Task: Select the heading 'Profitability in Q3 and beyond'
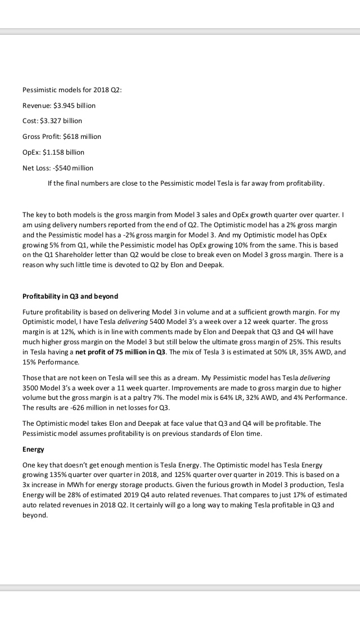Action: pos(70,296)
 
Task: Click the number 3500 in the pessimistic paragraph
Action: pos(32,389)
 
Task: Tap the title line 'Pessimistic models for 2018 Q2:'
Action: pos(72,90)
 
